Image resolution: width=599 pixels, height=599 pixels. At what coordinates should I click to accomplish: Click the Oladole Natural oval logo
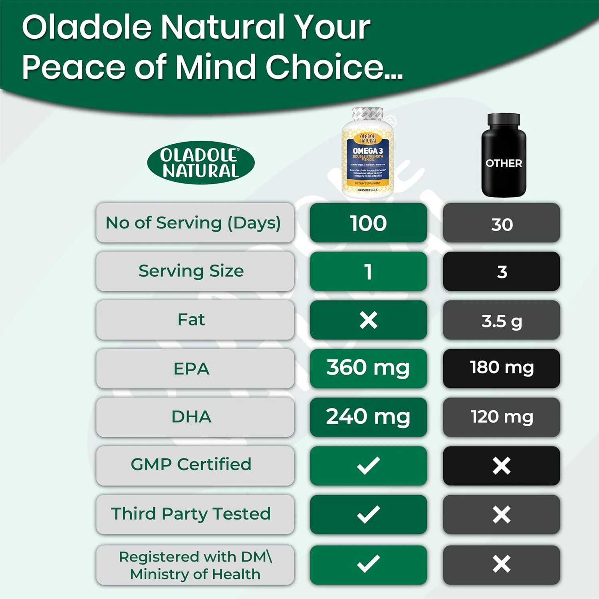point(201,163)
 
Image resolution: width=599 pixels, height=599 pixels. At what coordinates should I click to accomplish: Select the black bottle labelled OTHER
point(503,156)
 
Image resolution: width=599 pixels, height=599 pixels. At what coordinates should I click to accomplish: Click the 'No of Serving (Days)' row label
point(194,223)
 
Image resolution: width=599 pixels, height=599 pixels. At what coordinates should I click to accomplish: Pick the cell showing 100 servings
point(368,223)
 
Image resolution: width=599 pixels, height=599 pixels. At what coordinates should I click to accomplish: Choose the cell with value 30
point(502,224)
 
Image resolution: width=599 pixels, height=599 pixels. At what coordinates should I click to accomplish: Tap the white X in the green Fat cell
point(368,320)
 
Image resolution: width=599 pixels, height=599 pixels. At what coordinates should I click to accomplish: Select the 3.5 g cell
point(502,321)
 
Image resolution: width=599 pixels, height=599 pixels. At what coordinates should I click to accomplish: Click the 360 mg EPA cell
point(368,368)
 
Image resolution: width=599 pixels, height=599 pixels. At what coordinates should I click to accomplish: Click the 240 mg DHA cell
point(368,417)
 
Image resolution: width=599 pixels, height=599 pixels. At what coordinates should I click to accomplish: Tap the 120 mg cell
point(502,417)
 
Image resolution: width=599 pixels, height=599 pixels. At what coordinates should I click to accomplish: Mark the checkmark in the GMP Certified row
point(368,466)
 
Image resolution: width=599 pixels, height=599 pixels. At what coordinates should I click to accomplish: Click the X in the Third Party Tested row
point(502,514)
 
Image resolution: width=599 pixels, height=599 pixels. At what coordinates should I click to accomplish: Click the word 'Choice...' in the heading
point(334,67)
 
